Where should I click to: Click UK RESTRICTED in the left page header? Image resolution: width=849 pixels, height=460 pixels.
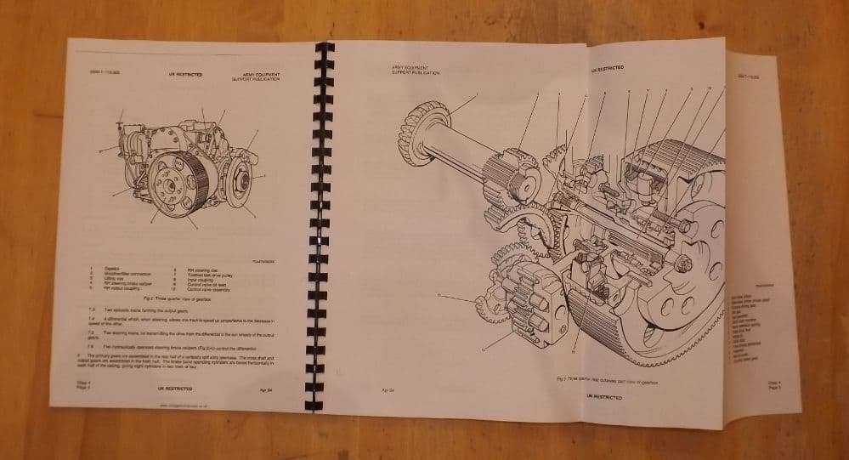coord(185,75)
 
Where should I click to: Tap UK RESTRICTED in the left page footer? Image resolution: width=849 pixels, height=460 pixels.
coord(175,389)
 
